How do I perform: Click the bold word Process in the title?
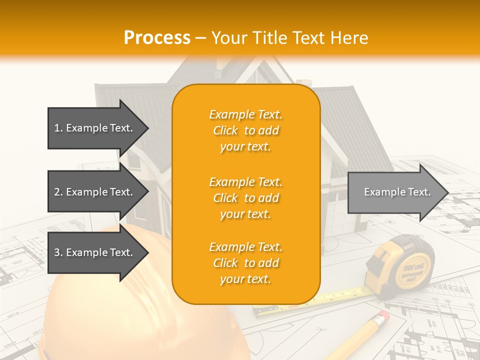coord(157,38)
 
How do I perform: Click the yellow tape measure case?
coord(405,265)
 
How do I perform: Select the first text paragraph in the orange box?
coord(245,130)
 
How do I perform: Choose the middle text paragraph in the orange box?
coord(245,198)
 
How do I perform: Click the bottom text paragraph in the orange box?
coord(245,263)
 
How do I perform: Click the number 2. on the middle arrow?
coord(58,192)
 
